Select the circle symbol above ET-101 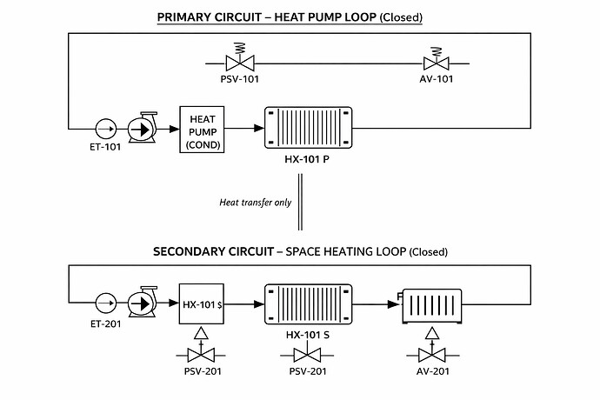[x=104, y=129]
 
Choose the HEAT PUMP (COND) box [x=202, y=129]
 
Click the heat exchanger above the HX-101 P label [x=310, y=129]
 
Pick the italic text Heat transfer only [x=255, y=202]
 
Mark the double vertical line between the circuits [x=300, y=202]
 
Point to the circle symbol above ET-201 [x=104, y=303]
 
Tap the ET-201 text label [x=105, y=323]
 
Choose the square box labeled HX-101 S [x=202, y=303]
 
